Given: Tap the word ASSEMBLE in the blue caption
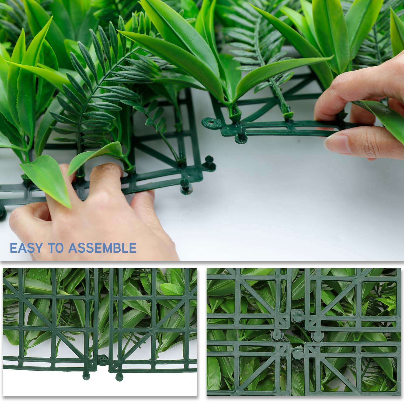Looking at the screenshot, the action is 102,248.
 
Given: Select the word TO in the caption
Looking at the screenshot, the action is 56,248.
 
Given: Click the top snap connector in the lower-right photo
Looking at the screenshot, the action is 296,314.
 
